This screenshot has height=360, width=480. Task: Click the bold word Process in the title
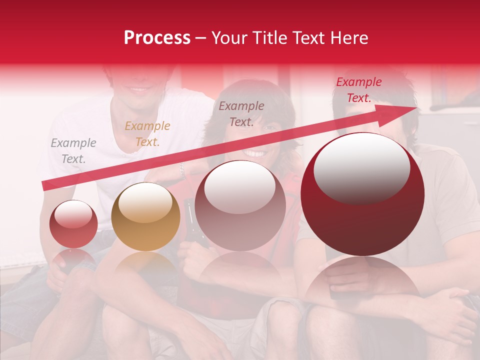157,37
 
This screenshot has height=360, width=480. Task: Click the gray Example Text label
73,151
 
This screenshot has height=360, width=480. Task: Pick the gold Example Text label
147,134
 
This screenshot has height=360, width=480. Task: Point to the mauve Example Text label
241,114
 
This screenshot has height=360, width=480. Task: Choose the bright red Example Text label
359,90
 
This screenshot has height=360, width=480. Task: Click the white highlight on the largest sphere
362,167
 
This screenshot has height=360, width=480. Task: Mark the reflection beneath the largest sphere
362,280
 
